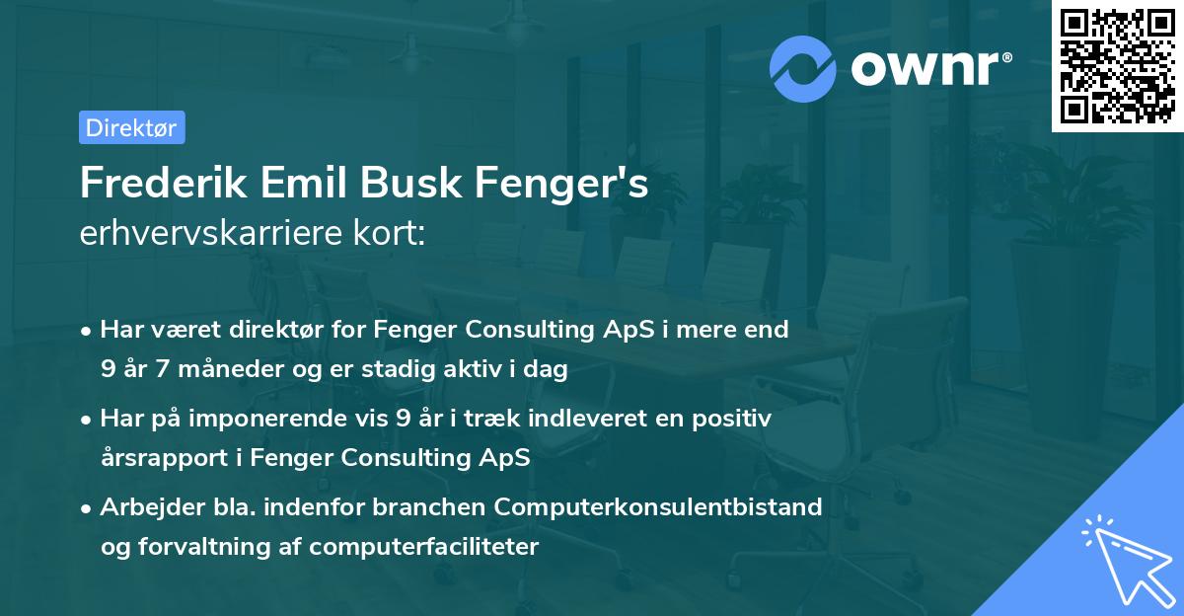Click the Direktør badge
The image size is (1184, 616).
(131, 127)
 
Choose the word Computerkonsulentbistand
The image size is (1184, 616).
(659, 507)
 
